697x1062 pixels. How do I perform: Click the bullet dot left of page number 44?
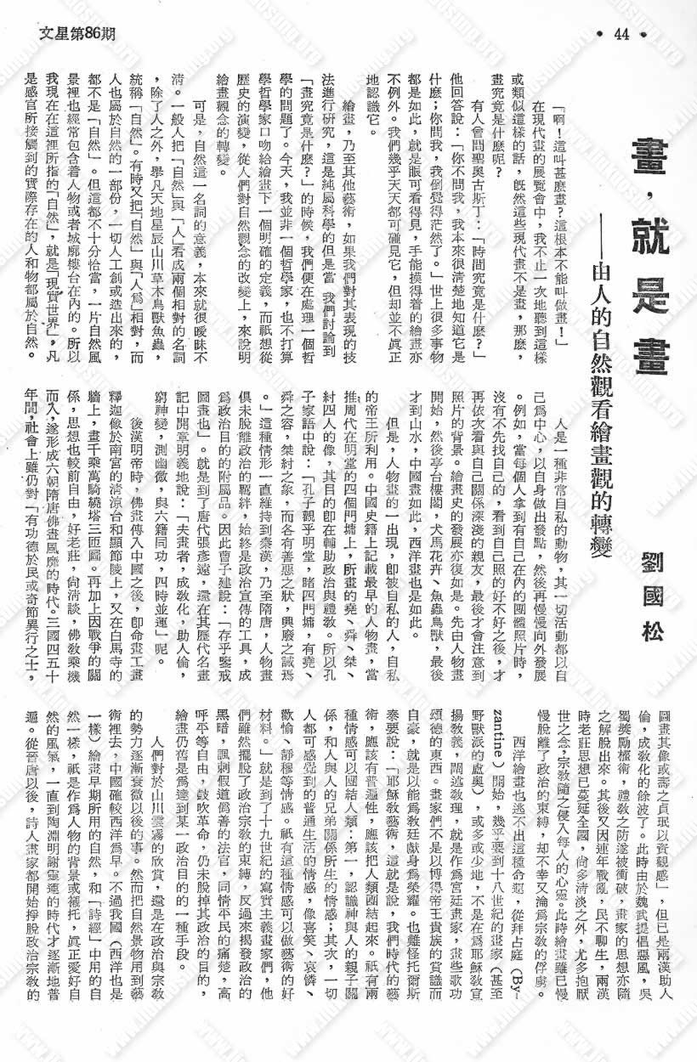coord(601,34)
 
